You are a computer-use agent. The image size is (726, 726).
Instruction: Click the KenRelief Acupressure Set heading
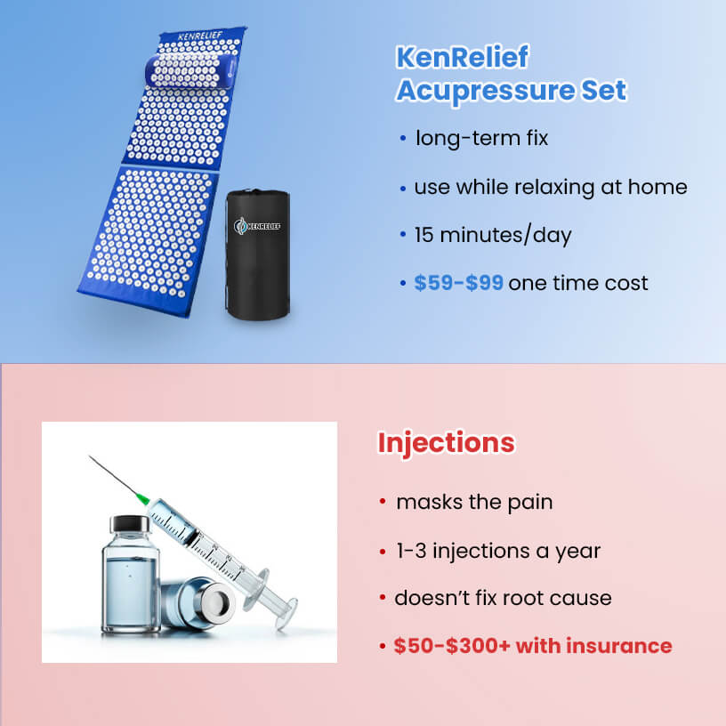pyautogui.click(x=511, y=74)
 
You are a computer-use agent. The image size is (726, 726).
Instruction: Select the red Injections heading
pyautogui.click(x=446, y=442)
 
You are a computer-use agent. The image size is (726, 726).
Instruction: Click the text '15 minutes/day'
pyautogui.click(x=493, y=236)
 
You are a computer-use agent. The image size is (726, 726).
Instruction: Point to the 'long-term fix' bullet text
pyautogui.click(x=481, y=139)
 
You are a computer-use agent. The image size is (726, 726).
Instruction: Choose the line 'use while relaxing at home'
pyautogui.click(x=550, y=188)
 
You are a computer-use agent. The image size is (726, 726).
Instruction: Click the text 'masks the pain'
pyautogui.click(x=474, y=502)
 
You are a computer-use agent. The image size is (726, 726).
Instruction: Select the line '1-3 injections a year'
pyautogui.click(x=498, y=551)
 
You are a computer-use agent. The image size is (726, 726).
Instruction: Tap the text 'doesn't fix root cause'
pyautogui.click(x=503, y=597)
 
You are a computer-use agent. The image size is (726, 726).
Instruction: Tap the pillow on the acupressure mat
pyautogui.click(x=192, y=69)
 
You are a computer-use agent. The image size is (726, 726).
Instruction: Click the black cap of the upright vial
pyautogui.click(x=131, y=524)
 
